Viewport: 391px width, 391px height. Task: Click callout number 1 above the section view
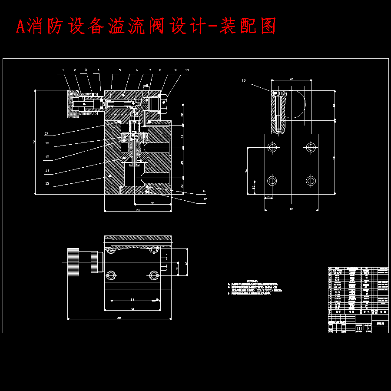click(63, 70)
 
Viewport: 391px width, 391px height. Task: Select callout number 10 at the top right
click(187, 70)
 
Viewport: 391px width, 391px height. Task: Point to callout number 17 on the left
click(46, 133)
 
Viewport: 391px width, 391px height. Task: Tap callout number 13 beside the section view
click(46, 184)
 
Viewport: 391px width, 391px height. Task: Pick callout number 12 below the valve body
click(205, 200)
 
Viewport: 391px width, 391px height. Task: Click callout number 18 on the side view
click(244, 80)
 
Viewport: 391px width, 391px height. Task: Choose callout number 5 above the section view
click(120, 70)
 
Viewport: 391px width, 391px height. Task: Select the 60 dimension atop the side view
click(292, 80)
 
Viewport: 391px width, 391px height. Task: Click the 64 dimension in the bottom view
click(133, 300)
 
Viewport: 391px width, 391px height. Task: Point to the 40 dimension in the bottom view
click(186, 263)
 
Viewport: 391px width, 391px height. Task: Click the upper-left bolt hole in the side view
click(272, 147)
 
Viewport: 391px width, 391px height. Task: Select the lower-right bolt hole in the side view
click(311, 180)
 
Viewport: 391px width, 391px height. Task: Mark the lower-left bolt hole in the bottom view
click(111, 275)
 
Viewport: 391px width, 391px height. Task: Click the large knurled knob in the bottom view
click(73, 262)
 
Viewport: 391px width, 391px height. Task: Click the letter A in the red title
click(20, 27)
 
